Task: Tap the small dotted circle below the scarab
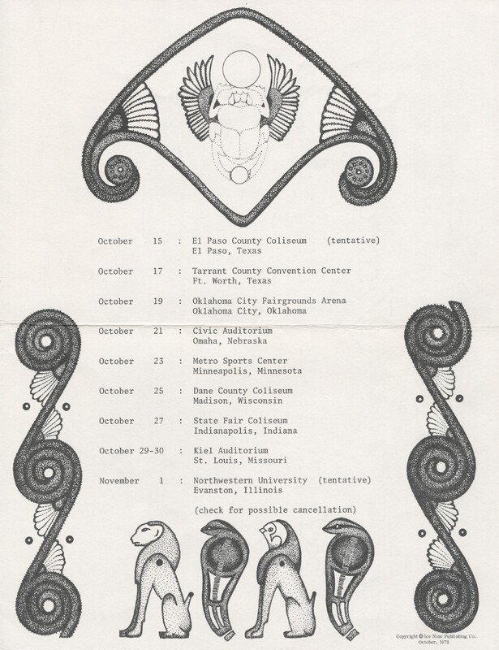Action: point(239,175)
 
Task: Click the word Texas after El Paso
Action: point(249,251)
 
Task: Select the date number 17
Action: point(157,271)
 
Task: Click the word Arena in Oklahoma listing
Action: point(333,301)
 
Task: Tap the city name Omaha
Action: point(205,341)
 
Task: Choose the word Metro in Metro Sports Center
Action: point(205,361)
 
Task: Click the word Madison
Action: point(210,401)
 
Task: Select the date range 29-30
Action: point(151,451)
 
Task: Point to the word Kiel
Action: point(203,450)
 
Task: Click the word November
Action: point(118,481)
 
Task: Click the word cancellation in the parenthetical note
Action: point(325,509)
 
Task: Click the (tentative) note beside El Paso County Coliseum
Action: point(353,240)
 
